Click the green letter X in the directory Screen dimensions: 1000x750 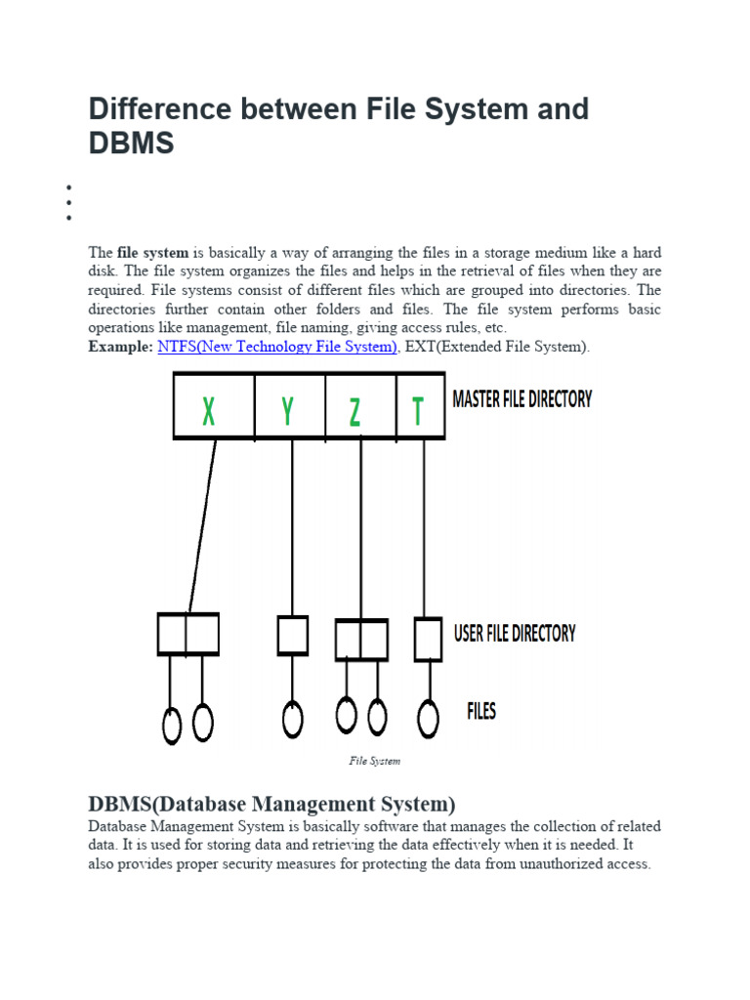209,412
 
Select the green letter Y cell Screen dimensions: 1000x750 287,412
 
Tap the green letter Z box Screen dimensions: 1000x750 355,412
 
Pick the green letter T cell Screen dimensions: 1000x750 418,412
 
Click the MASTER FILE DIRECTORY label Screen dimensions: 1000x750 522,399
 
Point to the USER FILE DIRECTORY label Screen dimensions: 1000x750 515,633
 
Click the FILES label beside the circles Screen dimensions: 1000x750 481,710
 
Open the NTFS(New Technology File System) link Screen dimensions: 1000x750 277,347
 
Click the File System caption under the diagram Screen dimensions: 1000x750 375,761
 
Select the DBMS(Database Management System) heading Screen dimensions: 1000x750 271,805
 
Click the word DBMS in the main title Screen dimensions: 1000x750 131,143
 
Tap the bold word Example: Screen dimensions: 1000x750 120,347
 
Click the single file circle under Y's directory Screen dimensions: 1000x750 292,720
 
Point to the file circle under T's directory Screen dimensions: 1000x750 427,720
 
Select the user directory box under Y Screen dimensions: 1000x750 293,635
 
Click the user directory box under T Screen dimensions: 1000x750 428,639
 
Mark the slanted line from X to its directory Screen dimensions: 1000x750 202,527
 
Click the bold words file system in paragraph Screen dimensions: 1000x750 152,253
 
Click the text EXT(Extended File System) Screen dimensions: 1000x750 497,347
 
